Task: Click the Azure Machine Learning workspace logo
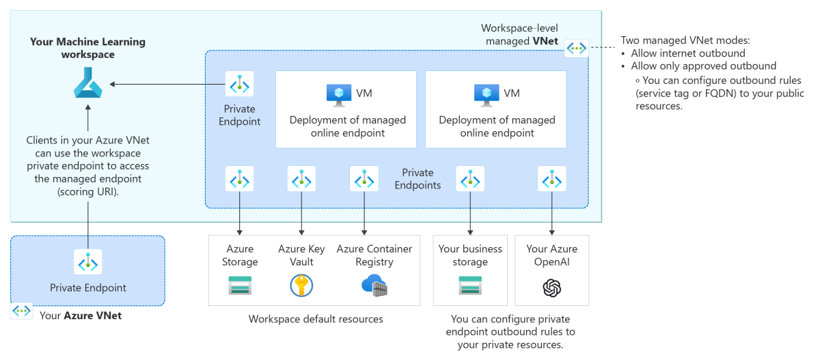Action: [x=87, y=85]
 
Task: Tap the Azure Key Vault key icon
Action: [x=301, y=285]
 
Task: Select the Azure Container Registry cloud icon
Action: [x=374, y=286]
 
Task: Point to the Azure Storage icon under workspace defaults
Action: [x=240, y=285]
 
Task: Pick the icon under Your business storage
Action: [x=470, y=285]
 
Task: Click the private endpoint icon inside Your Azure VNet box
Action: [x=87, y=262]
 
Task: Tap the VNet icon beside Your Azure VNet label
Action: [x=23, y=311]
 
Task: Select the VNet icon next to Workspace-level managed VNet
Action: [x=577, y=48]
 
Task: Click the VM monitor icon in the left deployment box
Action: [x=338, y=94]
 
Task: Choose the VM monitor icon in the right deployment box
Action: [x=487, y=94]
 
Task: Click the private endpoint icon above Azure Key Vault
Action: [x=301, y=180]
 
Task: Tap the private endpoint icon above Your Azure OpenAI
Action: [x=551, y=180]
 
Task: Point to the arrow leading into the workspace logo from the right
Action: [x=164, y=85]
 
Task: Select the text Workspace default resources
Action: [x=316, y=319]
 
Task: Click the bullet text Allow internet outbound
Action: [x=688, y=53]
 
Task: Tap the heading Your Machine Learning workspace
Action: [x=87, y=48]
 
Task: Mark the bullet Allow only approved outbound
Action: [x=703, y=66]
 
